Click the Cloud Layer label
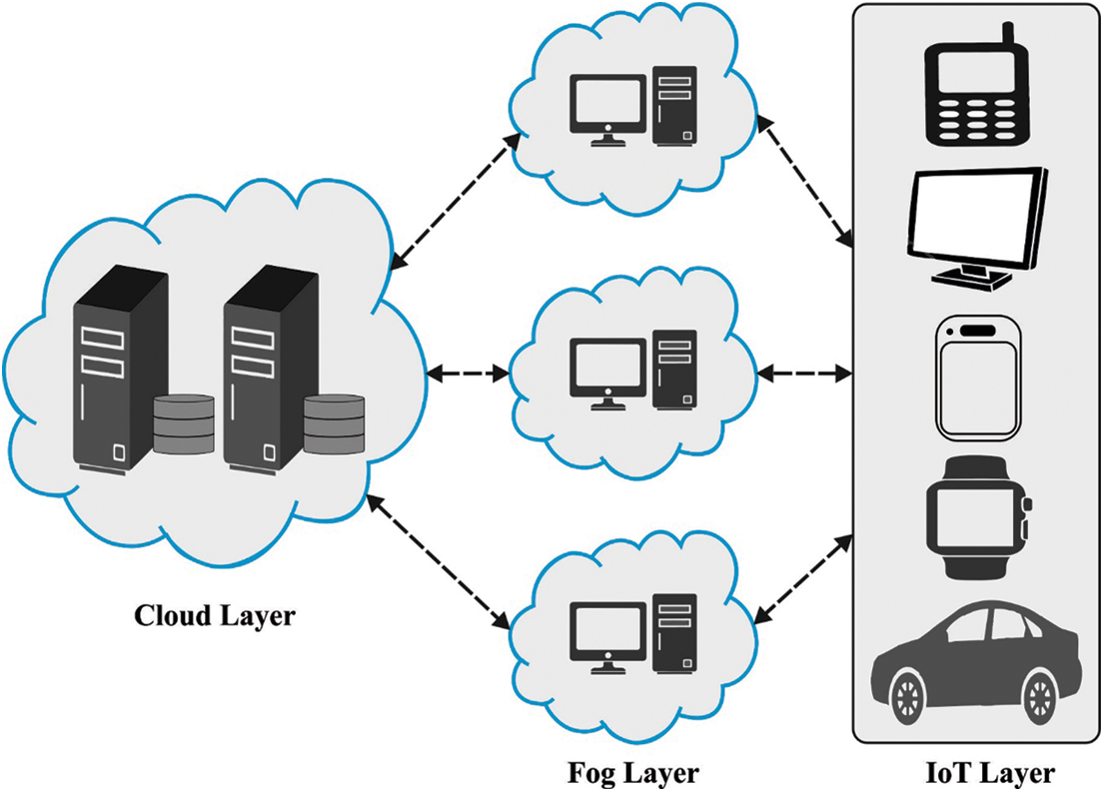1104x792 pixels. coord(215,615)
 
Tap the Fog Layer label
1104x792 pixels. coord(633,772)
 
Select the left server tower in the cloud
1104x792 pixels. coord(117,370)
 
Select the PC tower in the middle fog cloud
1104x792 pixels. coord(675,371)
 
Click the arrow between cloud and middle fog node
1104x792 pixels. coord(468,375)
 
